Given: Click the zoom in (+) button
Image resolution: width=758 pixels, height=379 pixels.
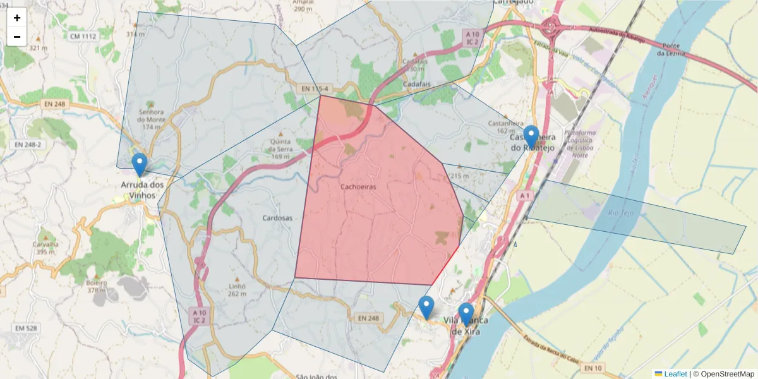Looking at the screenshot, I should point(17,18).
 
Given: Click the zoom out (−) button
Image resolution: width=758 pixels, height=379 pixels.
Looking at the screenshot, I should point(17,37).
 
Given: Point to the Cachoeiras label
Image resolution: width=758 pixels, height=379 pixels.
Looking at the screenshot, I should point(358,186).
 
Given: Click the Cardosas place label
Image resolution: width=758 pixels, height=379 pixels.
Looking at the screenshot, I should point(278,218).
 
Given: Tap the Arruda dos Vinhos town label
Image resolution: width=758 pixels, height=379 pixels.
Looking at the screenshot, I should point(142,189).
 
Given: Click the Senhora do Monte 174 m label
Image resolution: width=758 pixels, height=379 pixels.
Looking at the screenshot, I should point(151,119).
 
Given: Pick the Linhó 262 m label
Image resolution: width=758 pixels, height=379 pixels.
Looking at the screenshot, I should point(237,289).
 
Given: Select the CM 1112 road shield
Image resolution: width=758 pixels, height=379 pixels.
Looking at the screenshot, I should point(83,37).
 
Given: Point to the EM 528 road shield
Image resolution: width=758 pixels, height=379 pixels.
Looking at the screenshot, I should point(26,328).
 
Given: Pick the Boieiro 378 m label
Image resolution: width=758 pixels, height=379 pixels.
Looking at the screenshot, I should point(97,287).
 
